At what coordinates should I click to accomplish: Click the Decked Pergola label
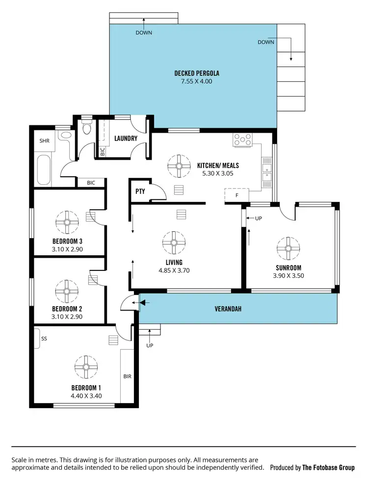tap(197, 73)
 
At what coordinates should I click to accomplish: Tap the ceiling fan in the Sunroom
tap(289, 248)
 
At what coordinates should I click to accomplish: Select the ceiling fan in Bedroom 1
tap(86, 367)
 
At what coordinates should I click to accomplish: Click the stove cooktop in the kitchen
tap(242, 140)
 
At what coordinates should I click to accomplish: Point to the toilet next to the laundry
tap(87, 129)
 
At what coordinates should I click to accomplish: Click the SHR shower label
tap(45, 141)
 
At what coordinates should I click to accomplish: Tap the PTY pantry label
tap(140, 192)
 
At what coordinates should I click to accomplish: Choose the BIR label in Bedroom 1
tap(127, 377)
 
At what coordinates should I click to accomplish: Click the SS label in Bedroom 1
tap(44, 338)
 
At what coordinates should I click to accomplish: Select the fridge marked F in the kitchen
tap(237, 195)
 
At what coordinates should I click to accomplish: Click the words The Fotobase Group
tap(328, 467)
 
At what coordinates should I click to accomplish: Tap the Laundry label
tap(126, 139)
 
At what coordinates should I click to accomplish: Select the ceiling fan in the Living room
tap(174, 242)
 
